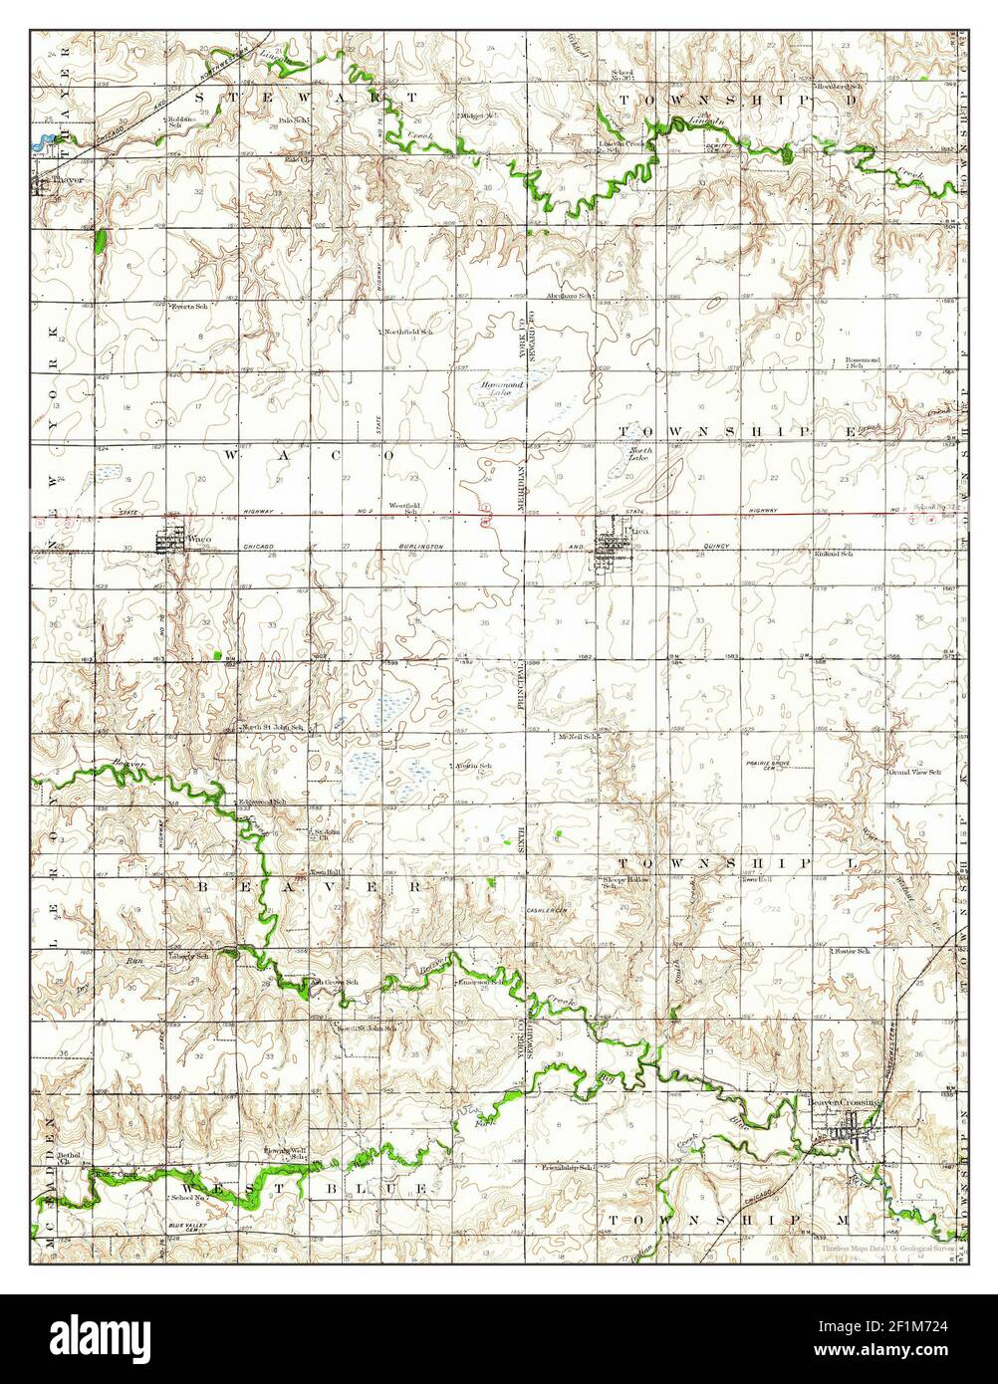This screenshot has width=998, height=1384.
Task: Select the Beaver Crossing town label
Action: coord(845,1103)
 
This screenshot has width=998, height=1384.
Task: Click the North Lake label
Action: coord(639,455)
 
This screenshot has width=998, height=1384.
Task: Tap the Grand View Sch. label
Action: coord(914,773)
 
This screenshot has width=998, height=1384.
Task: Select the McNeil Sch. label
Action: coord(577,737)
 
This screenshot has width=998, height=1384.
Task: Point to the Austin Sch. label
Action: coord(474,766)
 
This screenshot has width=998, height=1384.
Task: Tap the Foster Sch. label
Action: coord(854,952)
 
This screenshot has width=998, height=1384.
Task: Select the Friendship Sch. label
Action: coord(568,1167)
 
